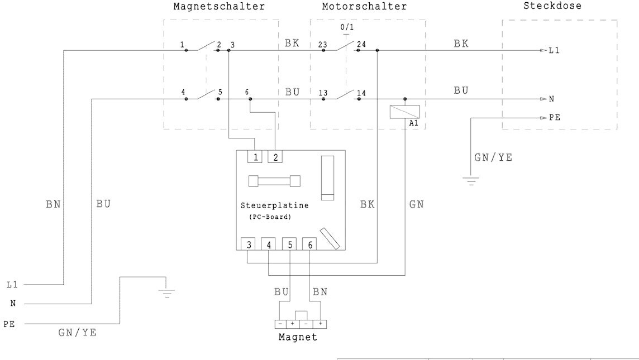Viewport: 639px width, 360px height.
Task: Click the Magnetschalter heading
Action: [x=218, y=7]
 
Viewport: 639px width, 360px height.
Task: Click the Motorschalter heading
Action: [x=364, y=7]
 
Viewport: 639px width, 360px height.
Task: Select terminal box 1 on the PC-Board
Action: [x=255, y=156]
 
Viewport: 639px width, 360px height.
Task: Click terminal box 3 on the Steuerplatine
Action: [x=247, y=244]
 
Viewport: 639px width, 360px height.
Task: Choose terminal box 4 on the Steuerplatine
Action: [x=269, y=244]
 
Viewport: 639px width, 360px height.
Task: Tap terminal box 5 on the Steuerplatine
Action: [x=290, y=244]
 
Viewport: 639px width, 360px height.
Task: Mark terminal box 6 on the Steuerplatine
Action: [x=309, y=244]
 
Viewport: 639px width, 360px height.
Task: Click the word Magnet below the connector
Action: [x=298, y=337]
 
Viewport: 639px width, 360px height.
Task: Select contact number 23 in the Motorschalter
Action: [x=322, y=45]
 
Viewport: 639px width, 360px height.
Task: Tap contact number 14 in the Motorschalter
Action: [x=361, y=93]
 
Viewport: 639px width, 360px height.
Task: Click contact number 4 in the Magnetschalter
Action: [x=183, y=93]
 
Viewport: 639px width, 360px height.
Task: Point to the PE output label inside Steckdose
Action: [x=555, y=118]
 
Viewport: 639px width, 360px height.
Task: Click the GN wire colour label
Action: [x=416, y=205]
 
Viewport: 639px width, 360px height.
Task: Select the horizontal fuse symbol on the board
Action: [x=274, y=181]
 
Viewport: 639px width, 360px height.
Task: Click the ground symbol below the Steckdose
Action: [x=470, y=181]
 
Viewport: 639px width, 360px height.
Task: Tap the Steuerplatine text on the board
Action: [x=274, y=205]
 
